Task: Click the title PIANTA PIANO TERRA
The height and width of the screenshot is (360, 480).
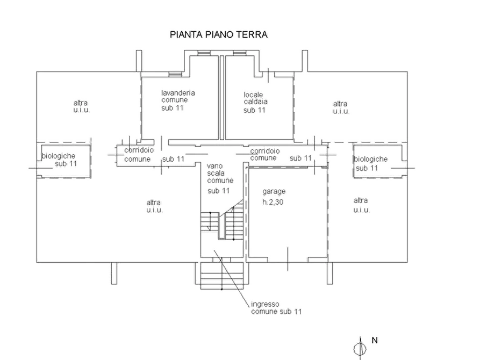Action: tap(219, 34)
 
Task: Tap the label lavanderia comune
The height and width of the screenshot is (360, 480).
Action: tap(178, 96)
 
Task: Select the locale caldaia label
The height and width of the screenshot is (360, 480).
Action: tap(256, 98)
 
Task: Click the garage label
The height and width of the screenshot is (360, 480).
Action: tap(274, 192)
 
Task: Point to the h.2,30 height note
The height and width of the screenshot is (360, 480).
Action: tap(273, 202)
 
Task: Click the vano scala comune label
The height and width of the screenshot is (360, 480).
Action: tap(220, 173)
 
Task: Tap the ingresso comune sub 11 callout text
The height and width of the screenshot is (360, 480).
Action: tap(276, 308)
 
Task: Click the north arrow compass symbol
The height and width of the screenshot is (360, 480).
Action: tap(360, 348)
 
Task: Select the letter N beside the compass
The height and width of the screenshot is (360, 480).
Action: tap(375, 340)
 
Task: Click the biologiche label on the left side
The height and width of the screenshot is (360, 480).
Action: tap(59, 156)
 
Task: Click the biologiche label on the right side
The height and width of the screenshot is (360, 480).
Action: tap(371, 159)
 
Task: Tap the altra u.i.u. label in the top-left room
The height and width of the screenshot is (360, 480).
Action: tap(81, 106)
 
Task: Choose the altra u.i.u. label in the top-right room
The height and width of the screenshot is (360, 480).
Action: tap(341, 107)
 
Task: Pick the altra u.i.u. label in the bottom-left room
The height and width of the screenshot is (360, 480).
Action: tap(154, 206)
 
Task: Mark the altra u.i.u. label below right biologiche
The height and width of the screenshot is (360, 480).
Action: tap(362, 205)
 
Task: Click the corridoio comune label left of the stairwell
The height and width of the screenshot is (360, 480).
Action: tap(139, 155)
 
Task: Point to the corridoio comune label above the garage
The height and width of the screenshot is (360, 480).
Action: tap(265, 154)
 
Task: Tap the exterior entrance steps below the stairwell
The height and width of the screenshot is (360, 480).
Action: tap(222, 276)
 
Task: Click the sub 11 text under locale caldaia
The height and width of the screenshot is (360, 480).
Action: tap(254, 110)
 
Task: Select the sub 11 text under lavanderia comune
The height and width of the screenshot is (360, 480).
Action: tap(173, 108)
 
